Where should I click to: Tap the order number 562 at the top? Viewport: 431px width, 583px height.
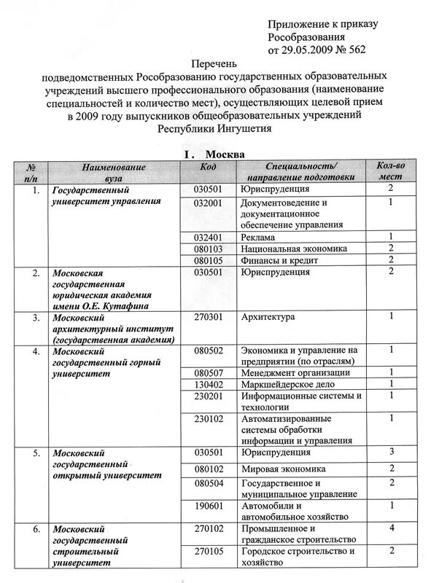click(x=354, y=50)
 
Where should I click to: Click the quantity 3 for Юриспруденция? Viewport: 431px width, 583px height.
click(x=392, y=452)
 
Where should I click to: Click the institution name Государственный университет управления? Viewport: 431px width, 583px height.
click(x=106, y=195)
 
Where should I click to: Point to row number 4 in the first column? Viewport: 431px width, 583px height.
click(x=35, y=351)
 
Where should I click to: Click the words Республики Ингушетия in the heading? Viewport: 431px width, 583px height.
click(x=215, y=128)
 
